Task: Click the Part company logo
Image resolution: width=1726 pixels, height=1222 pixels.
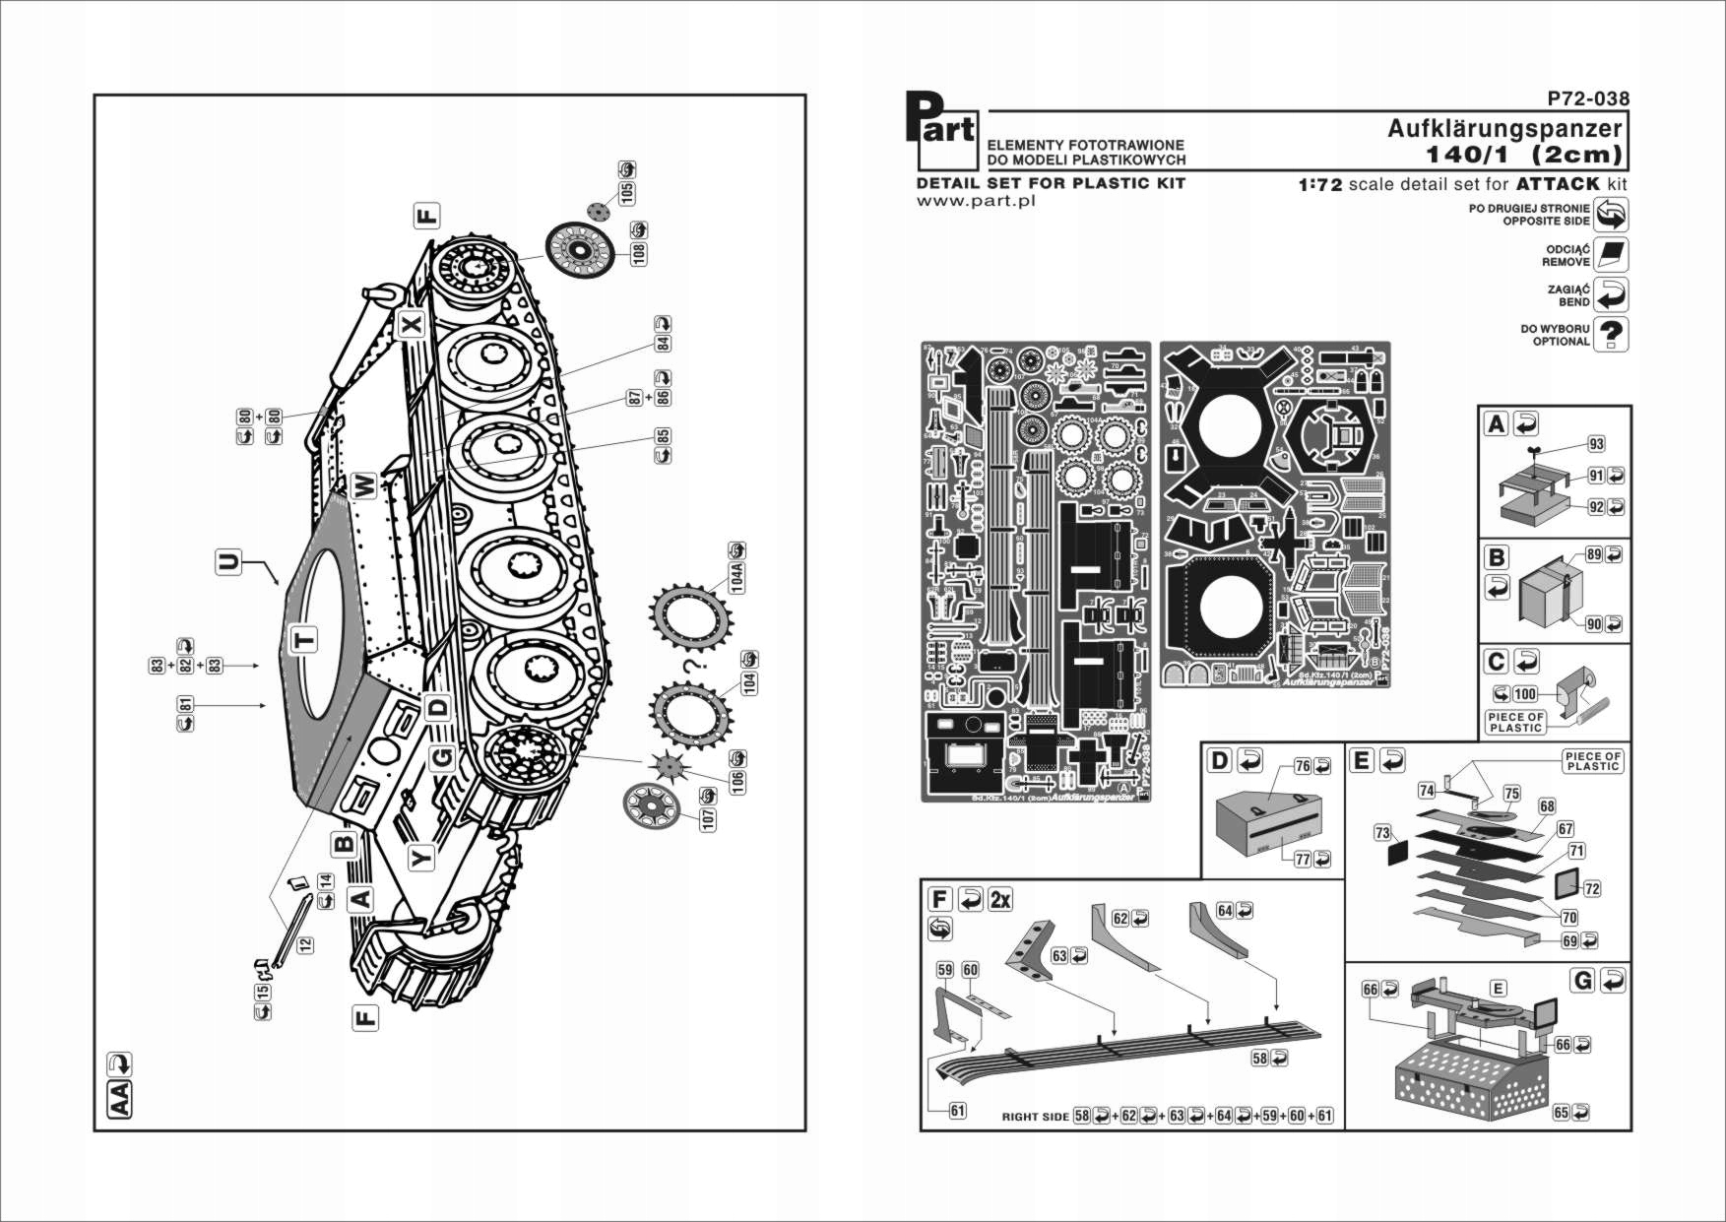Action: click(940, 130)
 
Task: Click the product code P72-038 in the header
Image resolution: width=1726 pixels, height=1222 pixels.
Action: click(1587, 98)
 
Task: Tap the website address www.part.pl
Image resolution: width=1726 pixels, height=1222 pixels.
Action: click(975, 201)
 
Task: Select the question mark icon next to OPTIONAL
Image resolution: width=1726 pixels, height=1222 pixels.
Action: click(1611, 334)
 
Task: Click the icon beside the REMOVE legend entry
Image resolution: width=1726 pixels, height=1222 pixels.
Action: click(1611, 254)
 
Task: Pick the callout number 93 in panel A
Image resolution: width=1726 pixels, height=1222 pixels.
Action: click(1596, 444)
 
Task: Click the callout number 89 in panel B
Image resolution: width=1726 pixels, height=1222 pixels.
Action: click(1593, 554)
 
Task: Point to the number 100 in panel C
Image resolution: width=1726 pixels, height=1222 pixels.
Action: click(1525, 693)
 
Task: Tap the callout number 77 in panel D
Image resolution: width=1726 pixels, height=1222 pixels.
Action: click(1302, 859)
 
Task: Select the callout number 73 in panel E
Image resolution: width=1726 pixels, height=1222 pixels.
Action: click(1382, 833)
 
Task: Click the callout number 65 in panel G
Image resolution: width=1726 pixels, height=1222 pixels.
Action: click(1561, 1112)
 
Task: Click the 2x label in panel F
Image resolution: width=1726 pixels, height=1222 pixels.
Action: click(1000, 899)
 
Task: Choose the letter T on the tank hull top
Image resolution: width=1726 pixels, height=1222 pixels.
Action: click(305, 640)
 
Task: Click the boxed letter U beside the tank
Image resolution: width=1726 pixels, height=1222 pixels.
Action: click(228, 562)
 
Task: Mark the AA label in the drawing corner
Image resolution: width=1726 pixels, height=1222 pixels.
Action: click(118, 1099)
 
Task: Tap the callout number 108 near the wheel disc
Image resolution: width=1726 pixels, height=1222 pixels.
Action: click(639, 253)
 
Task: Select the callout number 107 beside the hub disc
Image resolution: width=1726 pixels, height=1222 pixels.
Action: click(708, 817)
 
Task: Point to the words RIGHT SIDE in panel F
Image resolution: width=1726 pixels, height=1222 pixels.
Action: click(1035, 1117)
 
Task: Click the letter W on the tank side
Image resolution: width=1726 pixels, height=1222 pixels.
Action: click(363, 485)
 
